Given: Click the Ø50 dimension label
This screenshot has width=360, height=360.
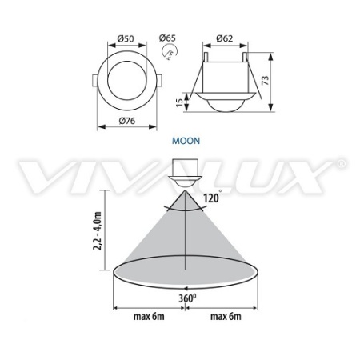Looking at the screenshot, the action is tap(126, 38).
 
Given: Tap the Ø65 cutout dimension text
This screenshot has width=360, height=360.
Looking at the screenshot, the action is tap(167, 38).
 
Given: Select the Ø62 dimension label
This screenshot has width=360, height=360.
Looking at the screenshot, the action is tap(224, 38).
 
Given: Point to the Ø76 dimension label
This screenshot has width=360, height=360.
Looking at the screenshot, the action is tap(127, 121).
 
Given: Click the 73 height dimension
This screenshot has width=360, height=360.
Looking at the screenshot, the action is tap(266, 80).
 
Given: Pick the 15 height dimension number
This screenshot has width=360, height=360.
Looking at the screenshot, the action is tap(180, 102).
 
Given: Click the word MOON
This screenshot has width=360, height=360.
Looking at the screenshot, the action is tap(186, 141).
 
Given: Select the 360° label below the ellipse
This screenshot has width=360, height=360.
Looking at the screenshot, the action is tap(187, 298).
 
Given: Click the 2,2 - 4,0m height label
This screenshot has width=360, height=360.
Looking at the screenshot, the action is tap(98, 231).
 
